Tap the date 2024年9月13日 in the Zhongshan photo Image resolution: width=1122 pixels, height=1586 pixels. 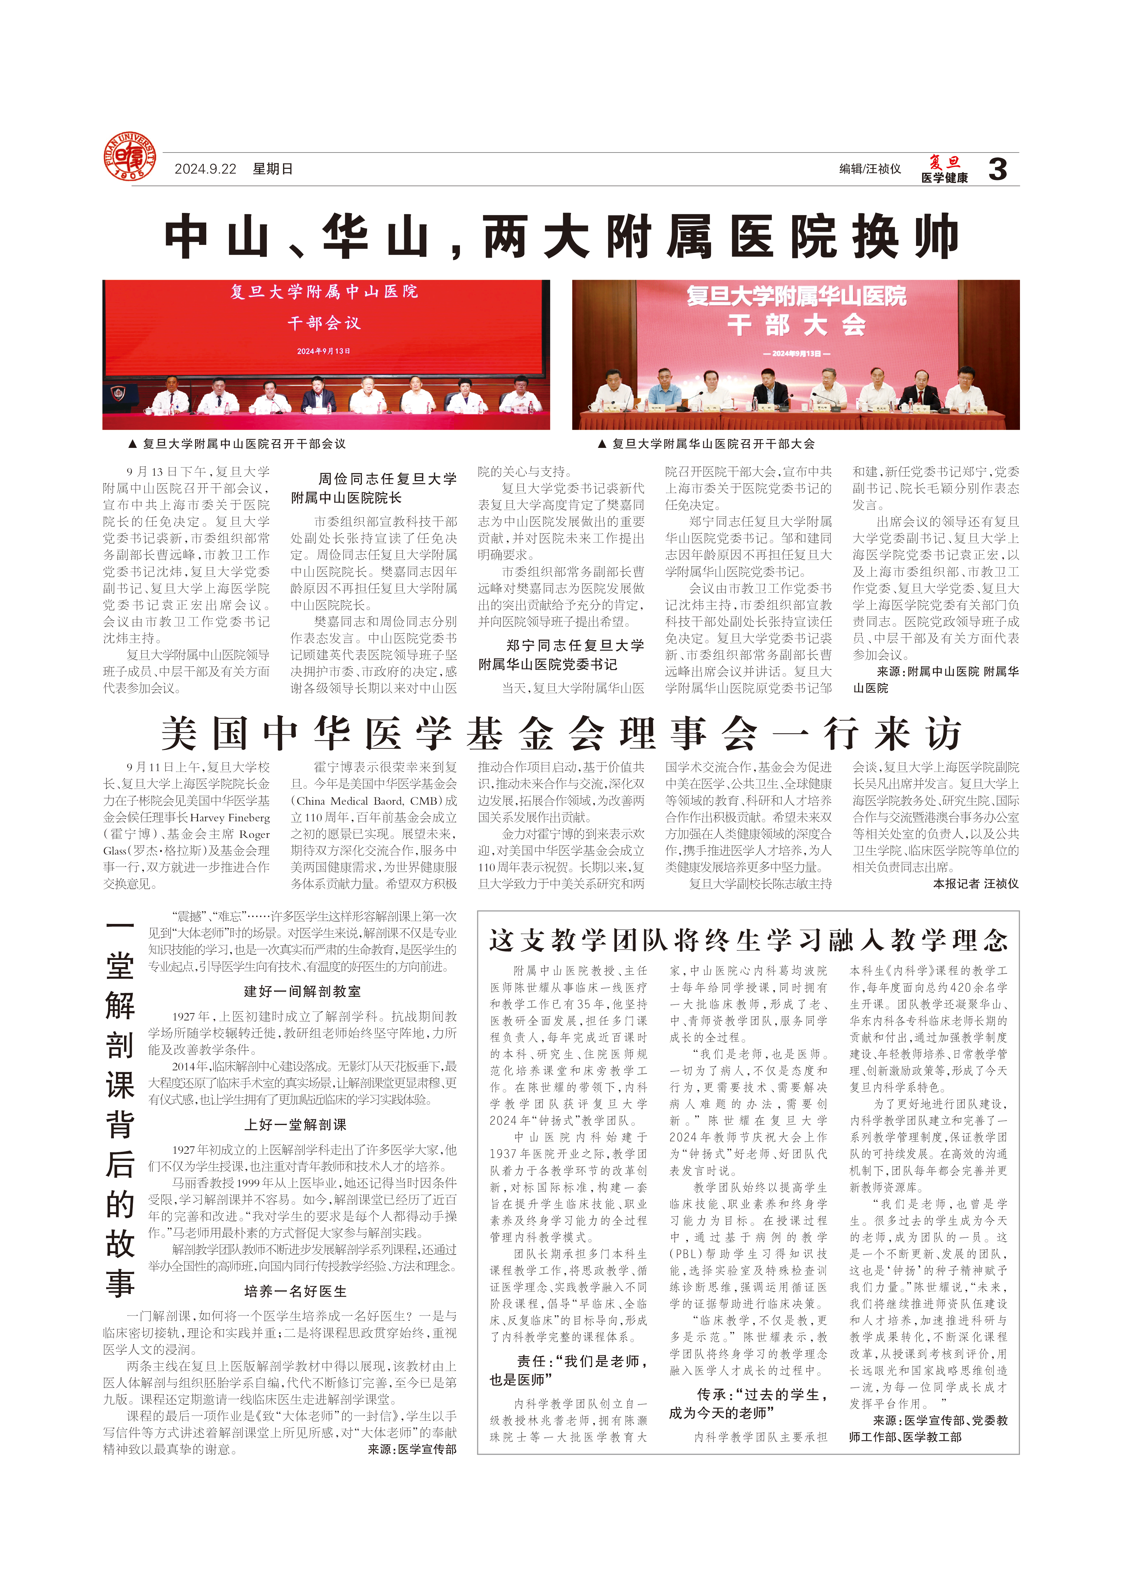(323, 351)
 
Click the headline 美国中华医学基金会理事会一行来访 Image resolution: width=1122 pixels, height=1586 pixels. (561, 734)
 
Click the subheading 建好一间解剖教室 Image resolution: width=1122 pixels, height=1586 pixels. (302, 992)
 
